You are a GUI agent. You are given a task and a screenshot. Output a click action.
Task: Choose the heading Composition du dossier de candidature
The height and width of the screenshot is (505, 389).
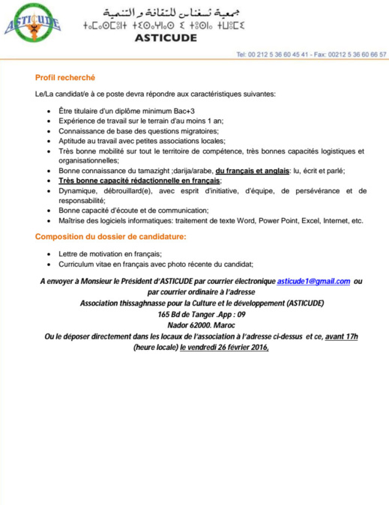(111, 238)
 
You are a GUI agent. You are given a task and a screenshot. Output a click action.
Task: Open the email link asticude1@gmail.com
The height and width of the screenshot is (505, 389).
(313, 282)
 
